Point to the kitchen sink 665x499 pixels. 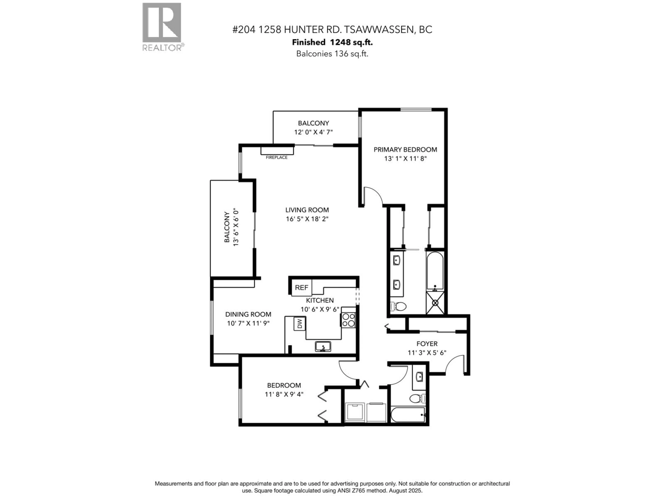pyautogui.click(x=323, y=347)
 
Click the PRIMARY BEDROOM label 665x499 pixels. pyautogui.click(x=405, y=150)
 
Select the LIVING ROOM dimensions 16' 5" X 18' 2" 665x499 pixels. pyautogui.click(x=307, y=219)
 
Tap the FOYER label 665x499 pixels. pyautogui.click(x=427, y=343)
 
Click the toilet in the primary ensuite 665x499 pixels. pyautogui.click(x=398, y=307)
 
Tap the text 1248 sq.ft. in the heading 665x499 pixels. pyautogui.click(x=351, y=42)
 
